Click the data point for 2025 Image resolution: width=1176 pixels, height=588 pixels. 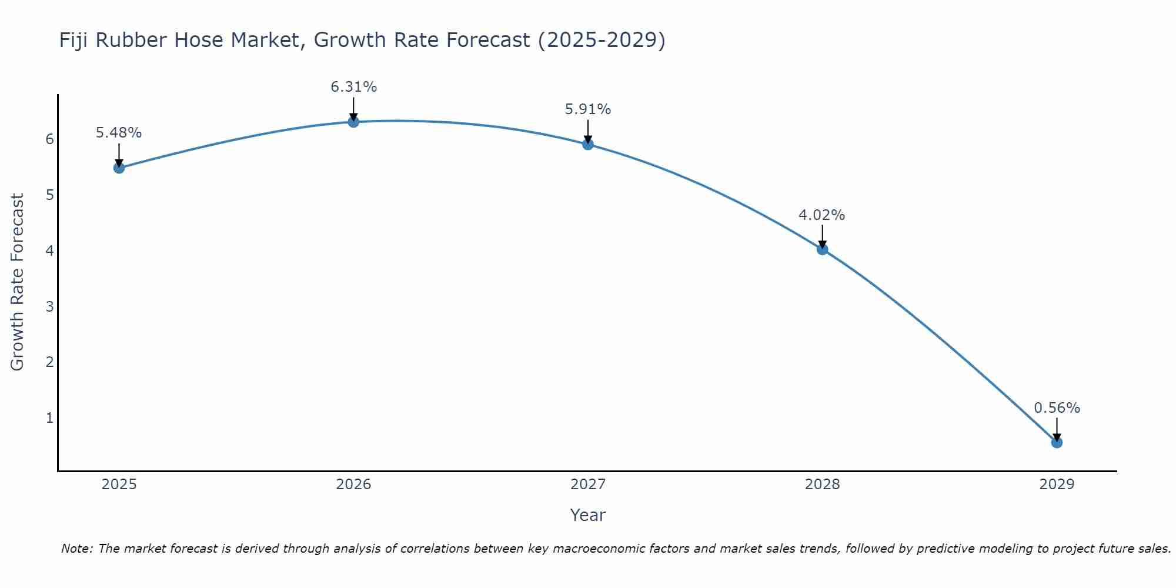pos(119,168)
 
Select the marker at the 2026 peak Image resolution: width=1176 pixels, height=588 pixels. pos(353,122)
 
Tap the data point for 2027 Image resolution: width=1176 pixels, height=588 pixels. pos(588,144)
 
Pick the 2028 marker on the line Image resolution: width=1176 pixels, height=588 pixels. pos(822,249)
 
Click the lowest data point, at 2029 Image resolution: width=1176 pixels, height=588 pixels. pos(1057,442)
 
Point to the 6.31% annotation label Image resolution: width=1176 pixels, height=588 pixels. pos(353,87)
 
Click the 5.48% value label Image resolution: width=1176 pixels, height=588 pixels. pos(119,133)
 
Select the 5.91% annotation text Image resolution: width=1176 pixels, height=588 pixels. pos(588,109)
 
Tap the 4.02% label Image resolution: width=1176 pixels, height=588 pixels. pos(821,215)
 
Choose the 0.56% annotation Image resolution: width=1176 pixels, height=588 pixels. pos(1057,408)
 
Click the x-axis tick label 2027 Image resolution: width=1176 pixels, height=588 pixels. pos(588,485)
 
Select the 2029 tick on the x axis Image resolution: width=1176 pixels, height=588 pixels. pos(1057,485)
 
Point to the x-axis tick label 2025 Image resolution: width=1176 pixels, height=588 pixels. pos(119,485)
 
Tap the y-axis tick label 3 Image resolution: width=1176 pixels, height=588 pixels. pos(49,306)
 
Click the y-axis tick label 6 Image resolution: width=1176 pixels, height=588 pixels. pos(49,139)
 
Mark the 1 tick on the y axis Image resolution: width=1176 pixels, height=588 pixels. pos(49,418)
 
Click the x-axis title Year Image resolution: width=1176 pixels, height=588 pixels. pos(587,515)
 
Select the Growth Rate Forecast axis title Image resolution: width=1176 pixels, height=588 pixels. pos(18,282)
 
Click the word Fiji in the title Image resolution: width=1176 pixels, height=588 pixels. pos(74,40)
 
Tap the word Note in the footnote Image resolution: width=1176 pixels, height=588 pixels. pos(76,549)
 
